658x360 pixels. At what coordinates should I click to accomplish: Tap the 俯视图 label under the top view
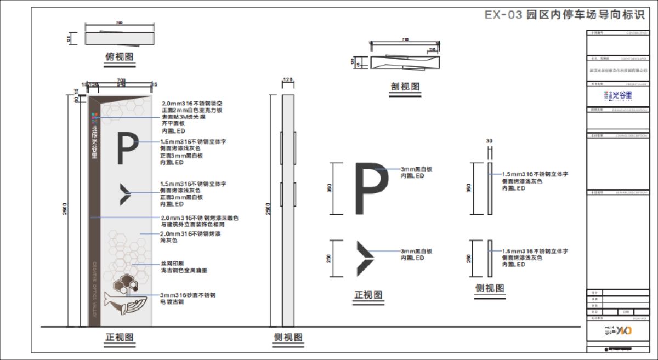[x=120, y=56]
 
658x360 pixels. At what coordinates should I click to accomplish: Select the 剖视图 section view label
[x=405, y=87]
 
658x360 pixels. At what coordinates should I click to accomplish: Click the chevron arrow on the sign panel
[x=126, y=194]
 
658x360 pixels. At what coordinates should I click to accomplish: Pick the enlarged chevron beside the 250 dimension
[x=364, y=258]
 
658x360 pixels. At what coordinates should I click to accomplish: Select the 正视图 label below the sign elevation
[x=120, y=337]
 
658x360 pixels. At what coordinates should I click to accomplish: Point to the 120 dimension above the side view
[x=288, y=80]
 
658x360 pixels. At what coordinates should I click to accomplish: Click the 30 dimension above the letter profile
[x=489, y=140]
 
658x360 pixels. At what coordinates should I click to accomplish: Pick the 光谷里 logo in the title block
[x=617, y=95]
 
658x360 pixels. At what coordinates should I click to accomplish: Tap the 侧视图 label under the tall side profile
[x=288, y=337]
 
